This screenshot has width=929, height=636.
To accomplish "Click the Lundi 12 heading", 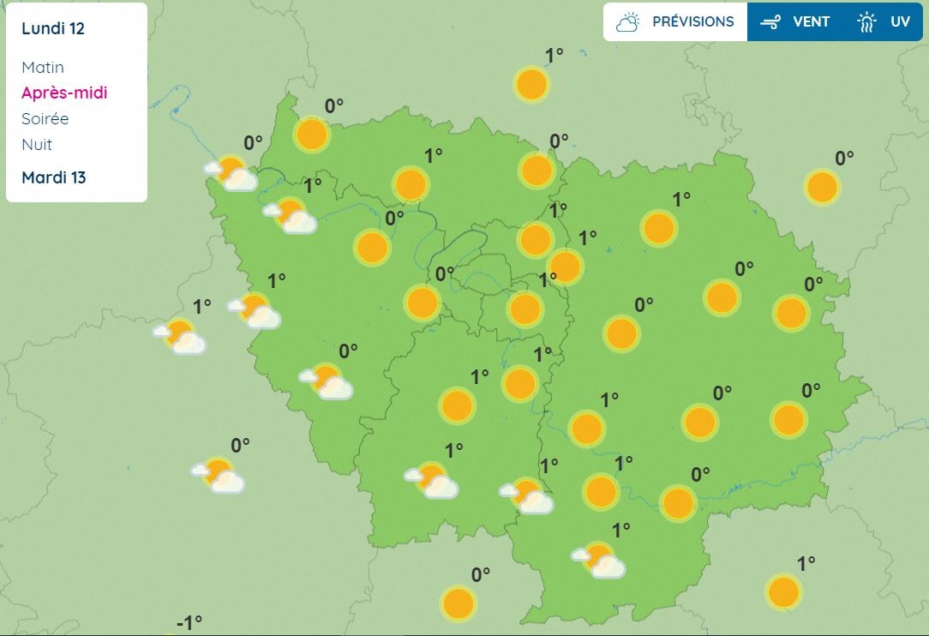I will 53,28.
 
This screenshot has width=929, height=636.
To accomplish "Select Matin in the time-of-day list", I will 43,67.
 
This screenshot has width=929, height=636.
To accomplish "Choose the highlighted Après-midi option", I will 64,93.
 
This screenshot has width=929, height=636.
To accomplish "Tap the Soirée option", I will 45,118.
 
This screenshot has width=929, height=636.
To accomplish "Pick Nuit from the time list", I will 37,144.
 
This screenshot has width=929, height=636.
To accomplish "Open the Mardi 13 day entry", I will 54,177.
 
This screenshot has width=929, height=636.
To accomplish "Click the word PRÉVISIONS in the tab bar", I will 692,21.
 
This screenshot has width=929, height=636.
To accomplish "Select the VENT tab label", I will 811,21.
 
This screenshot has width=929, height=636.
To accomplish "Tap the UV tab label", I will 900,21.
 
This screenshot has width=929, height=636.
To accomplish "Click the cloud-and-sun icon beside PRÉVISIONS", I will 628,21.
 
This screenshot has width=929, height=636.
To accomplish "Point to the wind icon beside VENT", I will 770,22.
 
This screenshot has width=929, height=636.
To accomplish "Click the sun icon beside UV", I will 866,22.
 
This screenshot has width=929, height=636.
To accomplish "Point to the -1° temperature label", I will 189,622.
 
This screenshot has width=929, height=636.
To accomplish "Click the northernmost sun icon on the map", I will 531,85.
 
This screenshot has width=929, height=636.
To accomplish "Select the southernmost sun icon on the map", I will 458,603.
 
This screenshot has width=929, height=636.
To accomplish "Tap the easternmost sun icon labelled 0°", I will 821,187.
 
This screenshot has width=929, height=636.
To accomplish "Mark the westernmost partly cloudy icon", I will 181,336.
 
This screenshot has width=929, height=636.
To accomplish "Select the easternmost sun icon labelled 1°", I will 783,592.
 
